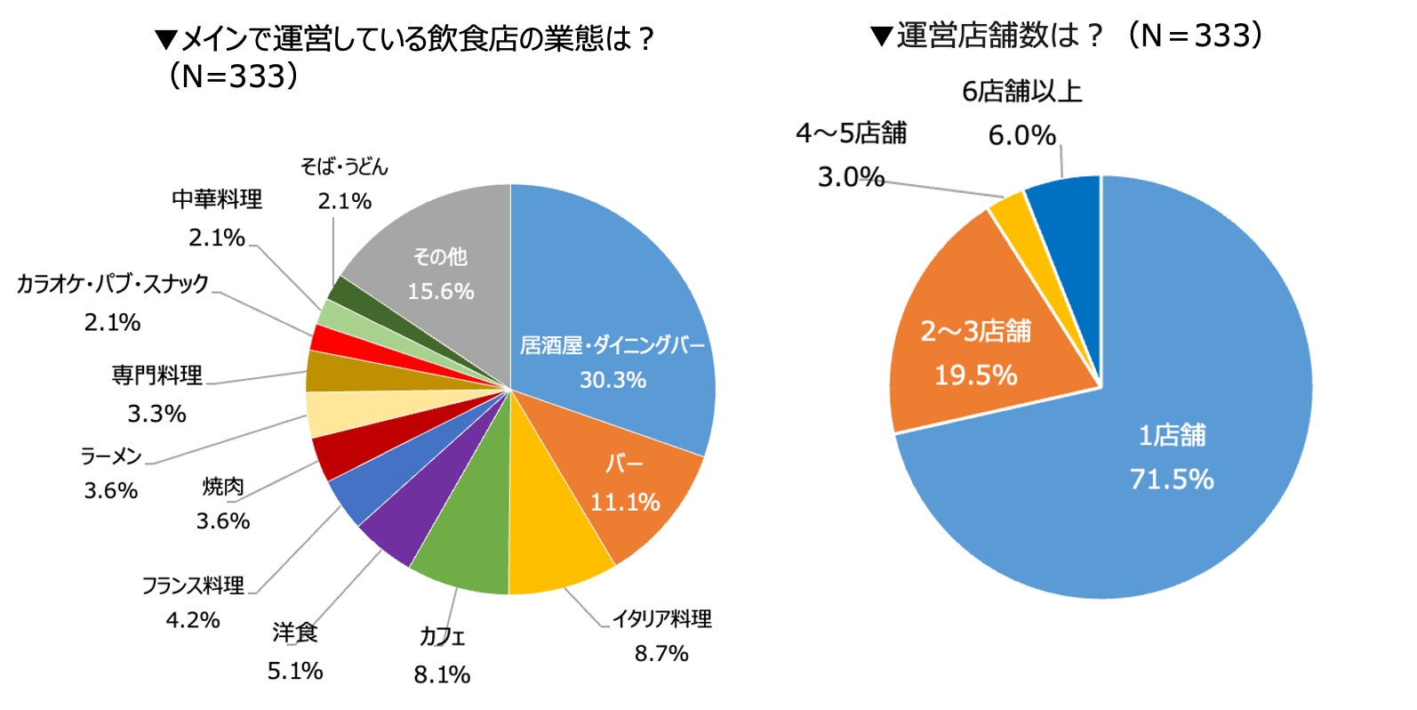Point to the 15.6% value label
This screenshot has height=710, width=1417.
(441, 292)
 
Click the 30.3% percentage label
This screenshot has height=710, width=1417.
(613, 380)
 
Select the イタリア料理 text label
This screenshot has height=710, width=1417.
(661, 619)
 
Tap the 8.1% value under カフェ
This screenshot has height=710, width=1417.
(442, 674)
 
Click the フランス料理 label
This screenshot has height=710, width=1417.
(193, 585)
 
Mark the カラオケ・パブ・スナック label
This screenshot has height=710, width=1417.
(113, 284)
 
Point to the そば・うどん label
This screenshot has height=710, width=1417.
(344, 167)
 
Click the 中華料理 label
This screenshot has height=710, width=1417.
(217, 199)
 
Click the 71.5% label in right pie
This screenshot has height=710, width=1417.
(1172, 480)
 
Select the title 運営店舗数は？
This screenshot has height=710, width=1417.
(999, 36)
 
